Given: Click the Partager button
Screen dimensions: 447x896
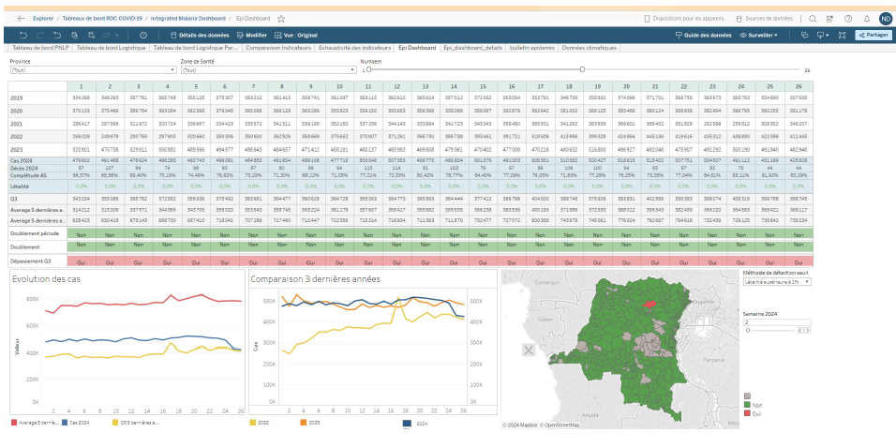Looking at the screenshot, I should pos(873,35).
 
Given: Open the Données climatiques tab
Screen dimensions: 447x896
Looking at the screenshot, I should pos(588,47).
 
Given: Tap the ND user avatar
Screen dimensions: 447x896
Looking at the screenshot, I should pos(885,18).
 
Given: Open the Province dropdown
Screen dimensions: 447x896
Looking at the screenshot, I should pos(89,70).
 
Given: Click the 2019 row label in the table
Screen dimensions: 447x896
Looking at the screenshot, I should pos(17,97).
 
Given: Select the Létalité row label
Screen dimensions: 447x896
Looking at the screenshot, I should pos(21,186).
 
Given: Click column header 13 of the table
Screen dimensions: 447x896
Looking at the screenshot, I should pos(426,85).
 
